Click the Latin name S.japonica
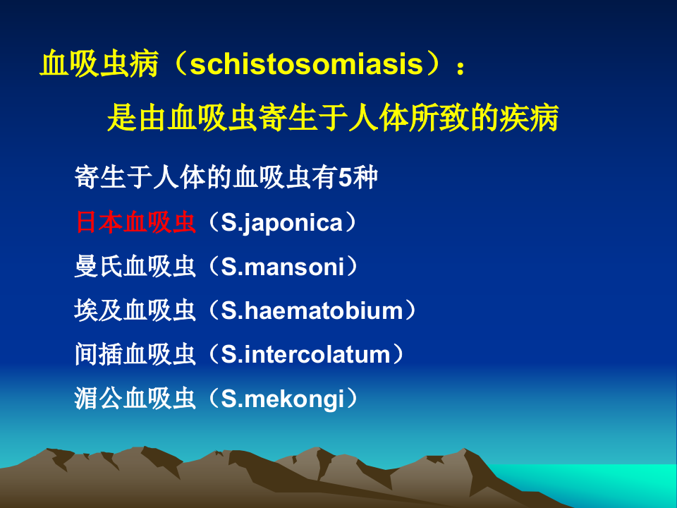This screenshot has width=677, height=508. click(282, 223)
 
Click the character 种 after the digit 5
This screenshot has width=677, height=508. click(366, 179)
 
